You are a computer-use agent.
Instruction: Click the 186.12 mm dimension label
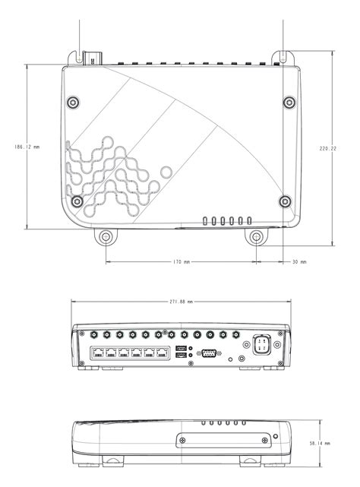click(x=26, y=147)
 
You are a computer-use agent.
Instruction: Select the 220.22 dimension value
click(x=329, y=149)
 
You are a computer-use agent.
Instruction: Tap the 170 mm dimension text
click(x=181, y=262)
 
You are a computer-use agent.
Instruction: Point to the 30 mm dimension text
click(x=298, y=262)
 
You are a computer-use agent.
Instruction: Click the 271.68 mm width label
click(x=181, y=302)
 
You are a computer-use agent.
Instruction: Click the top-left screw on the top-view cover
click(x=73, y=102)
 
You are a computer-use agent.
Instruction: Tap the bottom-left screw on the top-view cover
click(x=78, y=201)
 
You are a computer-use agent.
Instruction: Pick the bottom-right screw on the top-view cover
click(x=284, y=201)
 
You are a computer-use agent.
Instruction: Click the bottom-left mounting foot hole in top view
click(x=106, y=238)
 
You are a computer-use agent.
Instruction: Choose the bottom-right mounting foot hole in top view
click(x=257, y=238)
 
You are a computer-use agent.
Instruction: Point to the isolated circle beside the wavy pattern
click(x=168, y=172)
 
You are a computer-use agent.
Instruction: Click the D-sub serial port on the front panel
click(x=210, y=352)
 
